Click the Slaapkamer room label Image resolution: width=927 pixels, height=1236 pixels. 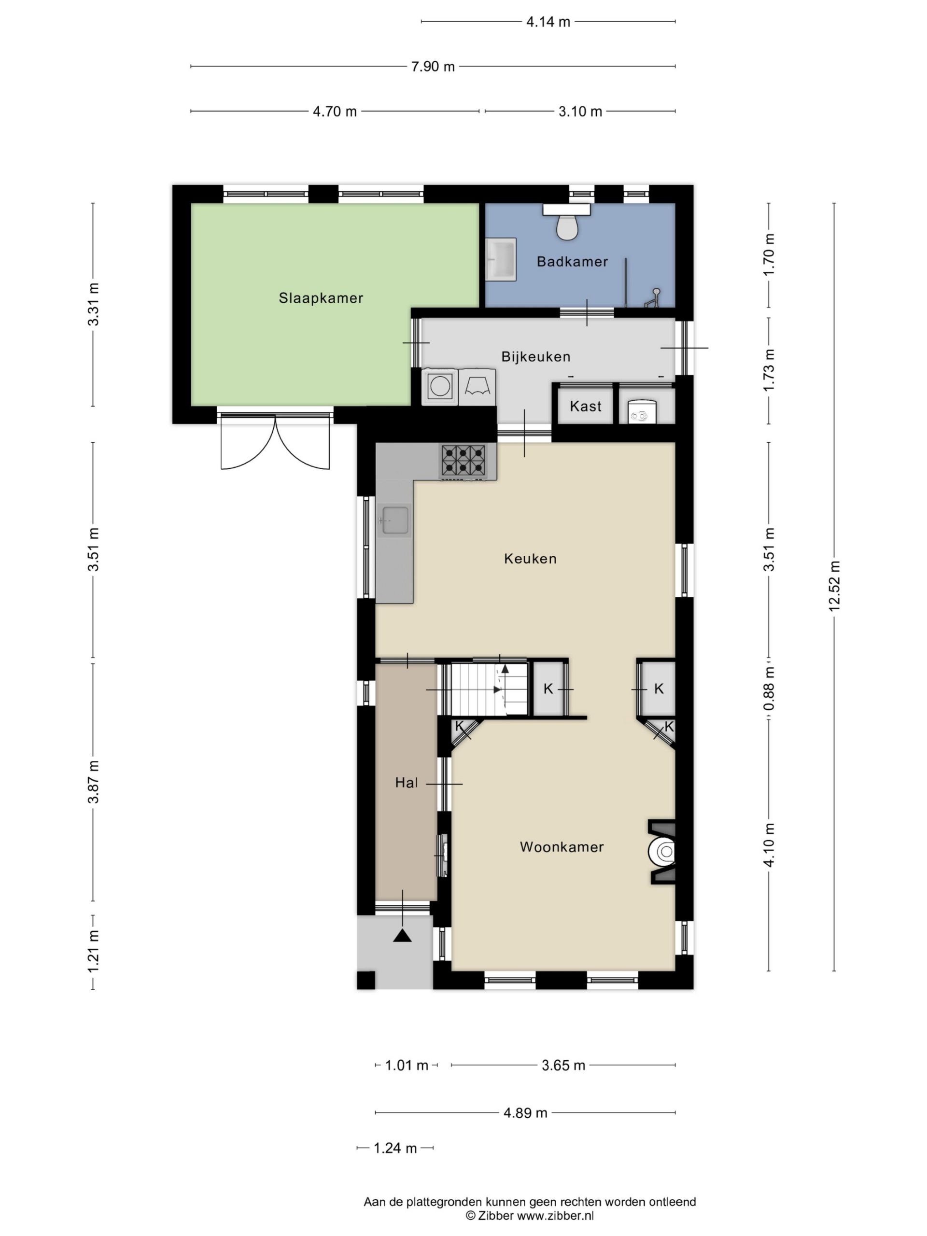click(321, 298)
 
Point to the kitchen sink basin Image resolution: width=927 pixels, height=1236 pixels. click(395, 520)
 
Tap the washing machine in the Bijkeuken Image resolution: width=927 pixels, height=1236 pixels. click(440, 387)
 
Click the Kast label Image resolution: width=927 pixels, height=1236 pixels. click(586, 406)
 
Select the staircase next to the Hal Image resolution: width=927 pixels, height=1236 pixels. click(489, 688)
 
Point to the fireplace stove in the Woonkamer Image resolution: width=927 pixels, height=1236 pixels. click(663, 852)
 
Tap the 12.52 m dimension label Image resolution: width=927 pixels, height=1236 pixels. click(834, 586)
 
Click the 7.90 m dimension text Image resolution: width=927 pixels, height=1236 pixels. click(433, 67)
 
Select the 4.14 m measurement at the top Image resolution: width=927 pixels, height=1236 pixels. click(548, 22)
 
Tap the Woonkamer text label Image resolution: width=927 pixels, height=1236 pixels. click(562, 847)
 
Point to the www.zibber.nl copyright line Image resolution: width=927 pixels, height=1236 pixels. click(530, 1216)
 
